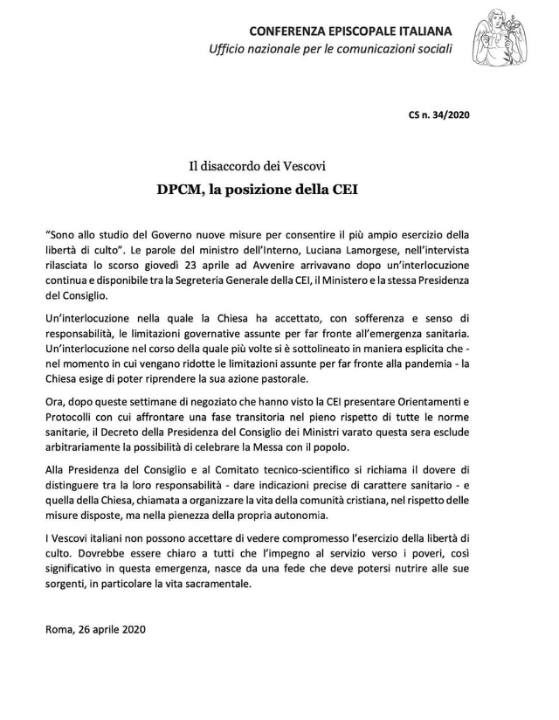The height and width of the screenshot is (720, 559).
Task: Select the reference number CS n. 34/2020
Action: tap(440, 114)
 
